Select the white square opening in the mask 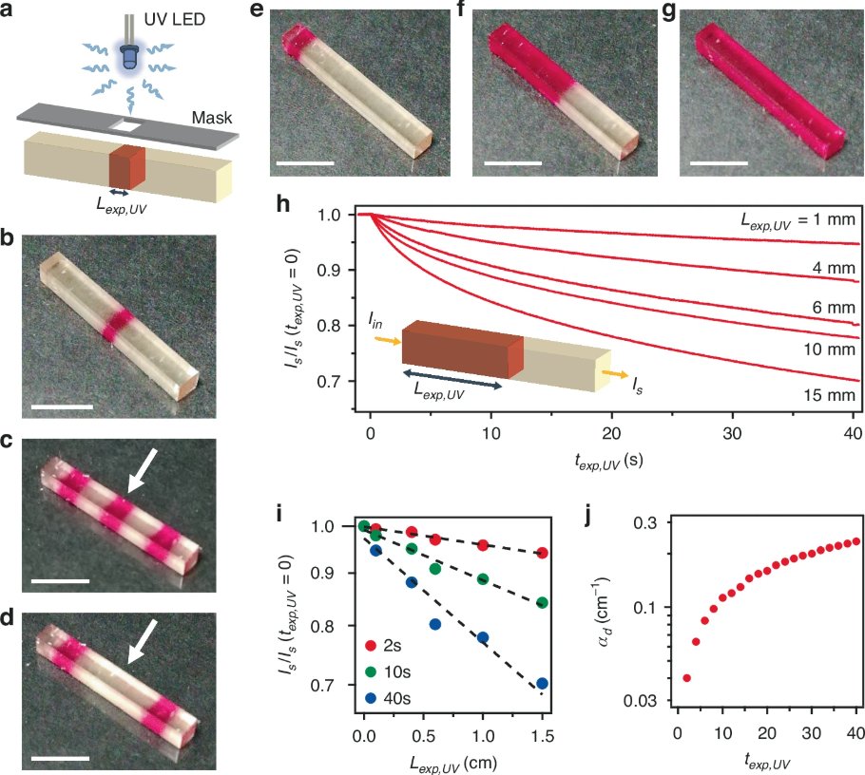tap(125, 123)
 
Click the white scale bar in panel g tap(720, 162)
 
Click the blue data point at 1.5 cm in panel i tap(542, 683)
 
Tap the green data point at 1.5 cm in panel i tap(542, 602)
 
